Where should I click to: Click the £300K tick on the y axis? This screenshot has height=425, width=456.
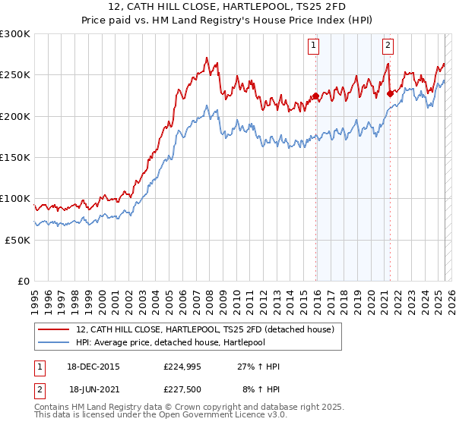(x=15, y=34)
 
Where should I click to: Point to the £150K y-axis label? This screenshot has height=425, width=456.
(x=15, y=157)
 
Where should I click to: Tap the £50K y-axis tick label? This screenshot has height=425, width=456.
(x=18, y=239)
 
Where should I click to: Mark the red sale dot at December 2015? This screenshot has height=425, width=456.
(x=315, y=96)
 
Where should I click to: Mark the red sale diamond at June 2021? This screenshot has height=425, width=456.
(x=390, y=94)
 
